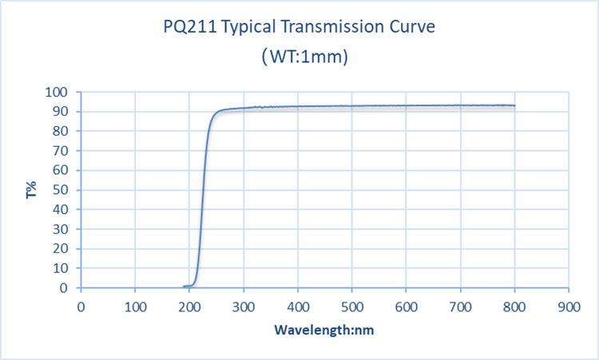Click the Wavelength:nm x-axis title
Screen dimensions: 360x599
[x=323, y=330]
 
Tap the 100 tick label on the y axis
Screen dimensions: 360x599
[x=63, y=93]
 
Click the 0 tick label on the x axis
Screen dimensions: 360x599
[x=81, y=306]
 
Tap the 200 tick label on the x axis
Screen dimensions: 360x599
[x=189, y=306]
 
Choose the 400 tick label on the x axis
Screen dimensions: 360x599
[x=298, y=306]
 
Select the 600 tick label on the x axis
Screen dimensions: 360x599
[x=406, y=306]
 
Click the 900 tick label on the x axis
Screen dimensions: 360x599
[x=569, y=306]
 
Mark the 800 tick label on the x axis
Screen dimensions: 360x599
[x=514, y=306]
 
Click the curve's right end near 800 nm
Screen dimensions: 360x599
[x=514, y=105]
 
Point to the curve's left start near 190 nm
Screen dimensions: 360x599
[x=184, y=286]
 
